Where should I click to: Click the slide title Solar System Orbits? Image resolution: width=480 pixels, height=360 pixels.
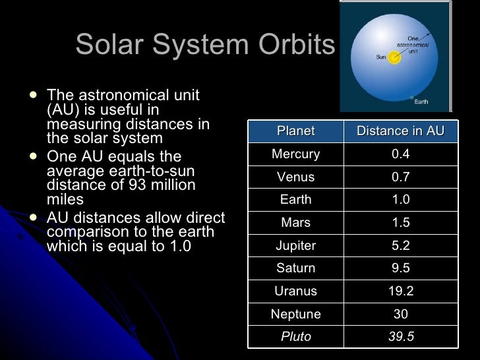(x=205, y=45)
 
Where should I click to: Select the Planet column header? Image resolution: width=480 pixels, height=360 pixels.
(x=295, y=131)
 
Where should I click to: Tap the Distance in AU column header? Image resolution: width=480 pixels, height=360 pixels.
(x=400, y=131)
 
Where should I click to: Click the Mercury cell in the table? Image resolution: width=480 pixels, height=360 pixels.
(x=295, y=154)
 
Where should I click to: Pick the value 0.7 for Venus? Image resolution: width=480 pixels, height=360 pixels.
(x=400, y=177)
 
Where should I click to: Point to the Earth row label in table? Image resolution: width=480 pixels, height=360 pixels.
(x=295, y=200)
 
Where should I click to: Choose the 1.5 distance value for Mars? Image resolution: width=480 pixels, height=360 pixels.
(x=400, y=223)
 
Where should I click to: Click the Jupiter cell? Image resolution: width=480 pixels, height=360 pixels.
(x=295, y=246)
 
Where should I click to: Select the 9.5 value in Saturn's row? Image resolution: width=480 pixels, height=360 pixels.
(x=400, y=268)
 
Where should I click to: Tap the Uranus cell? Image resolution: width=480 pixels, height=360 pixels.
(x=295, y=291)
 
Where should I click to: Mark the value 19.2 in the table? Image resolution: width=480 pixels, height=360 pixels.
(x=400, y=291)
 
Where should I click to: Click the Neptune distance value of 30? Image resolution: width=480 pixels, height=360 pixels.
(x=400, y=315)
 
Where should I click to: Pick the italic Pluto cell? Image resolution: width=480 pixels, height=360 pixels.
(x=295, y=337)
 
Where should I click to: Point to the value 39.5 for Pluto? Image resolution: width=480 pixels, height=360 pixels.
(x=400, y=337)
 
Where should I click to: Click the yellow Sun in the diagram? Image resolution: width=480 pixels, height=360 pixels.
(x=394, y=58)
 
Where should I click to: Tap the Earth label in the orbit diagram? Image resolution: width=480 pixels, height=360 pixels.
(x=421, y=102)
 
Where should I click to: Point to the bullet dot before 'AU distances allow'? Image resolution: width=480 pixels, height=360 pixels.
(x=33, y=215)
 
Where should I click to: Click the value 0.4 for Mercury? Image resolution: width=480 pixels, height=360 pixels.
(x=400, y=154)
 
